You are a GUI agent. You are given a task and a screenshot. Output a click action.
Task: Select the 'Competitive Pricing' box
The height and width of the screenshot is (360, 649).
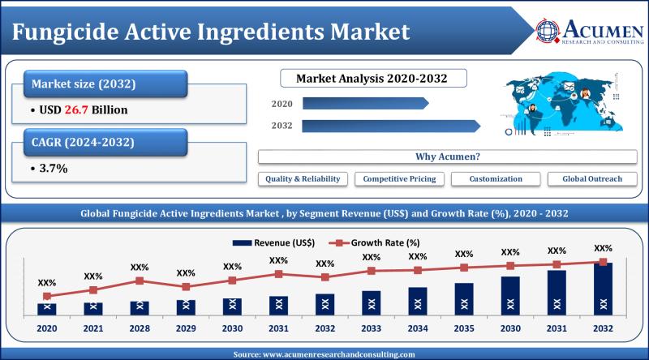tap(399, 178)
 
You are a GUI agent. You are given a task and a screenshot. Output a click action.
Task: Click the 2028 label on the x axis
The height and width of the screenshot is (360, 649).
tap(140, 329)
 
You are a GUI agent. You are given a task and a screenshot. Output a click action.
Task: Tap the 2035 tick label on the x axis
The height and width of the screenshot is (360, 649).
tap(464, 329)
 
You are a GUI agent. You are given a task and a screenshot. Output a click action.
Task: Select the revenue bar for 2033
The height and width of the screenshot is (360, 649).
tap(372, 302)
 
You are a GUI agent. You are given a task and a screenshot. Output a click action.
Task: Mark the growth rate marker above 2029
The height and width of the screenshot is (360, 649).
tap(186, 286)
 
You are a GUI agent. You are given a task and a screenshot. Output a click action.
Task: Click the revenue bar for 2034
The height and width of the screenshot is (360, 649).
tap(418, 301)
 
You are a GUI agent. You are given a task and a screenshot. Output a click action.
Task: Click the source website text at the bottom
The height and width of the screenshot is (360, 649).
tap(324, 354)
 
